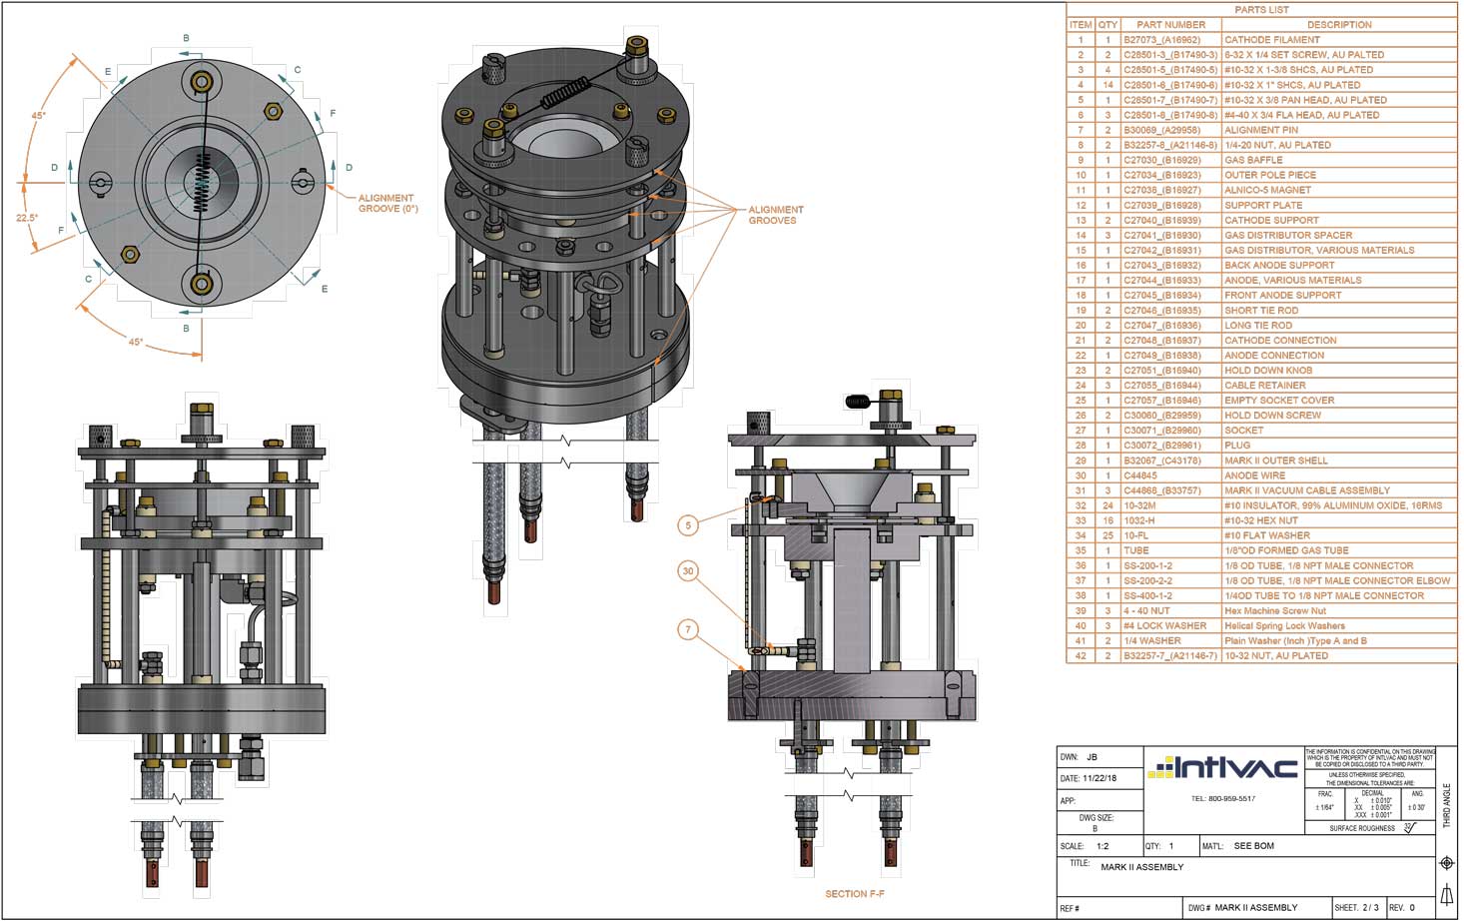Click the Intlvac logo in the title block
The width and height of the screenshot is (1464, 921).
pos(1222,768)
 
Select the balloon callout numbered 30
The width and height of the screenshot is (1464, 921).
pos(688,571)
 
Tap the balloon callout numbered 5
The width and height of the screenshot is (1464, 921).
pos(688,524)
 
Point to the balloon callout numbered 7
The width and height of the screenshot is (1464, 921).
pos(688,629)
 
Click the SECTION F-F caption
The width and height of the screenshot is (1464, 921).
pos(854,894)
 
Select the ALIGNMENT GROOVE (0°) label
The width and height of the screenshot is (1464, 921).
pos(387,204)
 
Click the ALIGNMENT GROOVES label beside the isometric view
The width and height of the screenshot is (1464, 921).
pos(776,215)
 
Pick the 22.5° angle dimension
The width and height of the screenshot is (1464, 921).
pos(26,218)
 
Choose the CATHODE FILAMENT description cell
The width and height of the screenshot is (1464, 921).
pos(1271,40)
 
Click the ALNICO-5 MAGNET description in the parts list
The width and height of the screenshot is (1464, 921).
pos(1267,190)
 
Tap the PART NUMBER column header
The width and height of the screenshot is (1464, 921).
pos(1170,25)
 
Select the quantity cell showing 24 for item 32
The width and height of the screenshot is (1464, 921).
pos(1107,505)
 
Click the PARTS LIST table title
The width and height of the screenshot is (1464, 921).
pos(1261,10)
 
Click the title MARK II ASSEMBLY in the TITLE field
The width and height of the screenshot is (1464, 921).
pos(1141,867)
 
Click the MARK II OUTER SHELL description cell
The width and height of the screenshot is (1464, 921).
pos(1275,460)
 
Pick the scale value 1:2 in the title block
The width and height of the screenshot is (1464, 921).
pos(1102,846)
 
